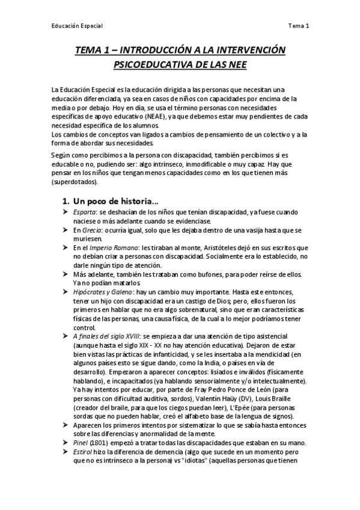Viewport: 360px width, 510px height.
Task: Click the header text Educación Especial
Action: point(76,26)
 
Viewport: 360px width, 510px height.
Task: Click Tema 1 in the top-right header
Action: point(298,26)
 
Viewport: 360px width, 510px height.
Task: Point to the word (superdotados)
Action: point(76,182)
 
